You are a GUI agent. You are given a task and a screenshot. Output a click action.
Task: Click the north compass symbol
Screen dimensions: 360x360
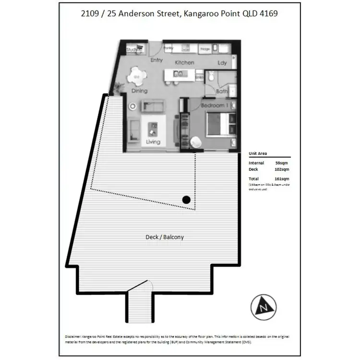coord(263,304)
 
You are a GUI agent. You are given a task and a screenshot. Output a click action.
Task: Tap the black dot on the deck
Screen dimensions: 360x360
coord(187,200)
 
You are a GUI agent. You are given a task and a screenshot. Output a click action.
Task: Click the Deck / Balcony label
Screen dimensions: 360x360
coord(165,237)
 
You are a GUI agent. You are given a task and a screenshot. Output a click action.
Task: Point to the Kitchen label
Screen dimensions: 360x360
coord(184,62)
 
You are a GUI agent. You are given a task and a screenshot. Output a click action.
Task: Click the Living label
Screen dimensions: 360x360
coord(153,142)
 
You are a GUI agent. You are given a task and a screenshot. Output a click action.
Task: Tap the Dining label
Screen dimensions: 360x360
coord(139,91)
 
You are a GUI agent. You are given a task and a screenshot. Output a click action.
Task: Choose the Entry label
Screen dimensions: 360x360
coord(156,60)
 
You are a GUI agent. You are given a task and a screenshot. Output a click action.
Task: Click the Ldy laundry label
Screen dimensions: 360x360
coord(222,63)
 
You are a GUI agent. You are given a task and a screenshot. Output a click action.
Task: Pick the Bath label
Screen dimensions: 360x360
coord(221,91)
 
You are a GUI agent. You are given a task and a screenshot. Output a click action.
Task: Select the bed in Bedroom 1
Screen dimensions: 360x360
coord(221,125)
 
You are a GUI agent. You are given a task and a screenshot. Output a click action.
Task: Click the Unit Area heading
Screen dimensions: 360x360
coord(258,154)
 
